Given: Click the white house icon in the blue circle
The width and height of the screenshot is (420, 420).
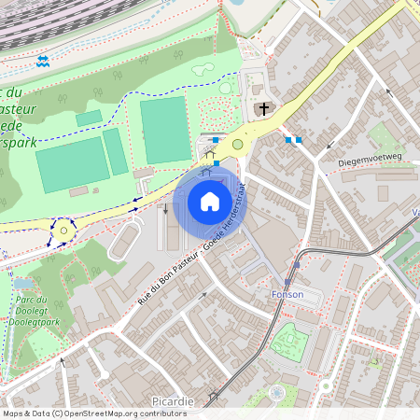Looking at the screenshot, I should (x=209, y=202).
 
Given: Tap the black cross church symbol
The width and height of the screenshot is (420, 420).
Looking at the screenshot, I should (x=264, y=109).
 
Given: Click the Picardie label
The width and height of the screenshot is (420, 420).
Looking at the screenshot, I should (x=173, y=401).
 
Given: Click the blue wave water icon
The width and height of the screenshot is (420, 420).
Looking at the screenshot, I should (x=42, y=62).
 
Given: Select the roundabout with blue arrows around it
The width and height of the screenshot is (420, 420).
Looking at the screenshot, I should (x=63, y=228).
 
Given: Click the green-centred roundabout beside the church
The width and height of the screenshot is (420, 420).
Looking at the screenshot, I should (x=237, y=145).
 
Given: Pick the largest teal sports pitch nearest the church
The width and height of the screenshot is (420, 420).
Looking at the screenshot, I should (x=164, y=130).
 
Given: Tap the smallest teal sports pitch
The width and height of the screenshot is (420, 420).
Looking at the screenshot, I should (x=89, y=118).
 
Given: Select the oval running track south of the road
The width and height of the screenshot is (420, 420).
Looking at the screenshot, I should (x=125, y=241).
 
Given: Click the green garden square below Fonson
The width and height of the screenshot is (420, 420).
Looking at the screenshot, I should (x=288, y=342).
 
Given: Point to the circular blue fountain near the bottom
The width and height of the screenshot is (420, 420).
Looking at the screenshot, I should (x=278, y=393).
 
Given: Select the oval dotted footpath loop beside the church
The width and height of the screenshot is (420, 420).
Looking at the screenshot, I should (x=224, y=88).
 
